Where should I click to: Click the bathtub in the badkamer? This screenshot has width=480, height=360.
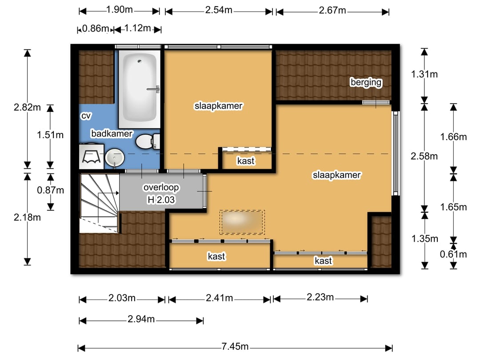pyautogui.click(x=140, y=89)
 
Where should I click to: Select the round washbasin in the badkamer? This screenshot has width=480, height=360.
pyautogui.click(x=115, y=158)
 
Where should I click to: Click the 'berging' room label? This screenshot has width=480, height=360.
pyautogui.click(x=366, y=82)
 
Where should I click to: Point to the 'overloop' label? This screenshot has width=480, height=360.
pyautogui.click(x=161, y=188)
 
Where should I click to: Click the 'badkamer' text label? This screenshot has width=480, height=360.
pyautogui.click(x=112, y=133)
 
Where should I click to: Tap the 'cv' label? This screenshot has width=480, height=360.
pyautogui.click(x=86, y=116)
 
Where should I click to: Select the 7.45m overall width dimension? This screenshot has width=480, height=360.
pyautogui.click(x=235, y=346)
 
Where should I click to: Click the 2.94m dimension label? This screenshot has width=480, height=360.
pyautogui.click(x=141, y=319)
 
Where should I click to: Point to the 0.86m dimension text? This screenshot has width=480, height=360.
pyautogui.click(x=96, y=28)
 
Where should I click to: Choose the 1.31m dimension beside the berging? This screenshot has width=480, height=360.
pyautogui.click(x=424, y=74)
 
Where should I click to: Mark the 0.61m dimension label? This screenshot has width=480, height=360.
pyautogui.click(x=453, y=254)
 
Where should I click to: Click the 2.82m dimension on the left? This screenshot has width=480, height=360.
pyautogui.click(x=27, y=107)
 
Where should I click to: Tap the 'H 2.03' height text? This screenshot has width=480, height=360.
pyautogui.click(x=161, y=200)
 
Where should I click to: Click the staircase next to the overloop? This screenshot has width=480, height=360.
pyautogui.click(x=100, y=203)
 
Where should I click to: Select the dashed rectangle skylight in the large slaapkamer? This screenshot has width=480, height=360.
pyautogui.click(x=242, y=222)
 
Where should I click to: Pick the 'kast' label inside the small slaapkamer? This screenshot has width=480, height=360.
pyautogui.click(x=246, y=161)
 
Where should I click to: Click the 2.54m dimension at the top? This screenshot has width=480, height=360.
pyautogui.click(x=219, y=10)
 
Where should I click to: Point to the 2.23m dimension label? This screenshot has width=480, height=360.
pyautogui.click(x=320, y=297)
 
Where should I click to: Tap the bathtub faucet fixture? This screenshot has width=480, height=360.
pyautogui.click(x=154, y=89)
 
